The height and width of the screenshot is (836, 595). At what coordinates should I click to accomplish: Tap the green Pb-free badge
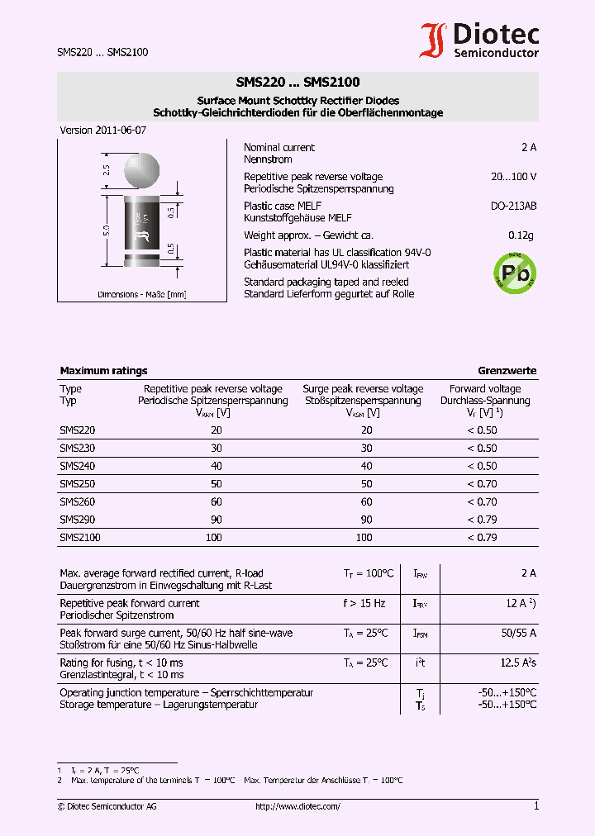tap(514, 270)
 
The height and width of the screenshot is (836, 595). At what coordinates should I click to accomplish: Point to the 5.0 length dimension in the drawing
tap(106, 232)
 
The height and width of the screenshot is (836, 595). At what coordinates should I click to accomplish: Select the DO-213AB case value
tap(513, 206)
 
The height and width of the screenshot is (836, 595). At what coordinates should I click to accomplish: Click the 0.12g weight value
tap(521, 235)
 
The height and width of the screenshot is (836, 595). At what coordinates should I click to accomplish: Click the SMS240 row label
tap(78, 466)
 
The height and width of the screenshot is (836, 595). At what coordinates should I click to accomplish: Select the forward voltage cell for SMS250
tap(481, 484)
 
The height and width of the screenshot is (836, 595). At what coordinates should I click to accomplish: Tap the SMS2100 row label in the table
tap(80, 538)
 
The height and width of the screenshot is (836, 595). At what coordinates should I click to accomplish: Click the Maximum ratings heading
tap(103, 371)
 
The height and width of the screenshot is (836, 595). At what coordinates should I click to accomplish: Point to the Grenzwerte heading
tap(507, 371)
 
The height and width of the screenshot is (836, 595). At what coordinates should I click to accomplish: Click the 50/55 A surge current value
tap(518, 633)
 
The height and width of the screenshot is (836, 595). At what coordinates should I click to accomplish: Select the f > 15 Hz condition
tap(364, 603)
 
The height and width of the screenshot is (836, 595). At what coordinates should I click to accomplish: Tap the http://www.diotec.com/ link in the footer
tap(297, 806)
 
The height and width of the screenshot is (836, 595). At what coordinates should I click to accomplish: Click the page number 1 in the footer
tap(535, 806)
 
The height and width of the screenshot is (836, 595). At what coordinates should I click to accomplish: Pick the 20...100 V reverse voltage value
tap(513, 177)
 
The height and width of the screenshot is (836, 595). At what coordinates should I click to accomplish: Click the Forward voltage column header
tap(485, 389)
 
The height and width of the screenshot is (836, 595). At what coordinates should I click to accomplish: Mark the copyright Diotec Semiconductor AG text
tap(107, 806)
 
